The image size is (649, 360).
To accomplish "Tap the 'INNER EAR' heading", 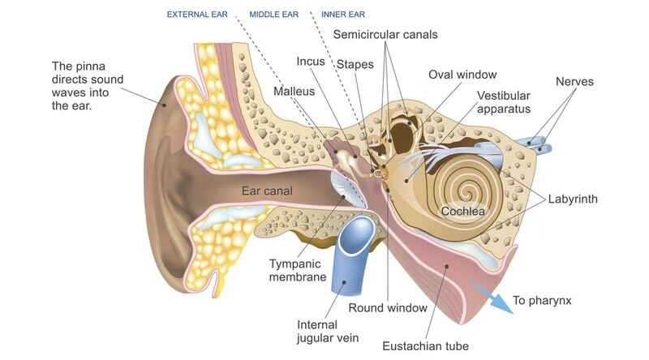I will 344,15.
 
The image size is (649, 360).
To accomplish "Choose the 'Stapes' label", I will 355,62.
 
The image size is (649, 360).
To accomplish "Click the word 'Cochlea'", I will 462,212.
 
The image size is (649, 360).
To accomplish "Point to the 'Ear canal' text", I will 267,191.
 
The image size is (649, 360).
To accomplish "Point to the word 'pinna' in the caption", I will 91,65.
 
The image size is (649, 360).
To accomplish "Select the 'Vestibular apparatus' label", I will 504,101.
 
